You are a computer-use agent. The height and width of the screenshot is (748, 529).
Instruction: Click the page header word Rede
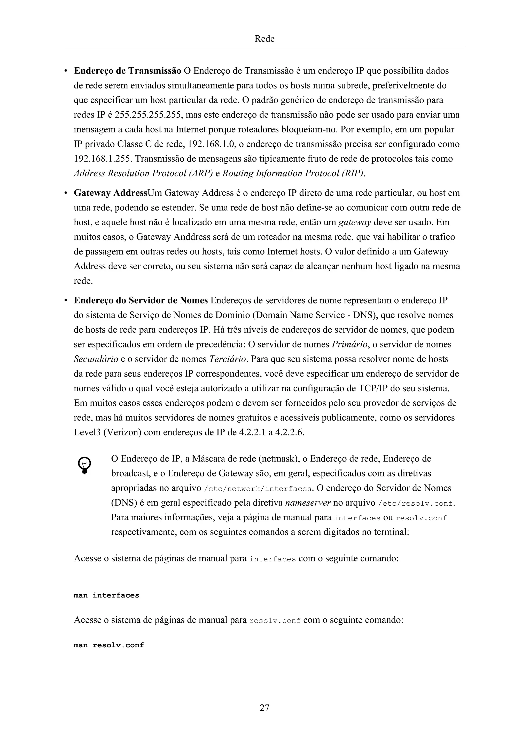pos(264,39)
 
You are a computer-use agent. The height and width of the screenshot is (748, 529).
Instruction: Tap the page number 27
pos(264,707)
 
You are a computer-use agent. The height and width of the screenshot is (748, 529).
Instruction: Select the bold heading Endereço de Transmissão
pos(127,71)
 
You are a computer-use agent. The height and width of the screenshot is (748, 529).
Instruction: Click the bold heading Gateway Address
pos(111,193)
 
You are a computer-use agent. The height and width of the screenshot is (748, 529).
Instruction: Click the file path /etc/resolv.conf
pos(416,503)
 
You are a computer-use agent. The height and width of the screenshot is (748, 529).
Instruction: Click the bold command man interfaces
pos(106,595)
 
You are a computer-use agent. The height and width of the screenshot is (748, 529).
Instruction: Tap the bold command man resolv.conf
pos(109,645)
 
